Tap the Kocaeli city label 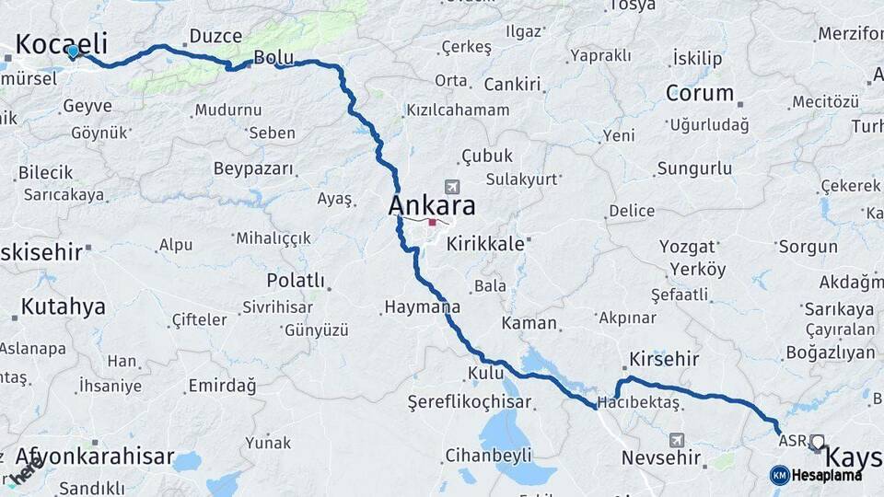click(x=62, y=43)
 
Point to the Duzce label click(x=215, y=37)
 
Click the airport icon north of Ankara click(x=450, y=186)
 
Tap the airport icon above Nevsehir click(x=678, y=440)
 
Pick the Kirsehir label click(x=664, y=359)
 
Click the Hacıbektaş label click(x=638, y=403)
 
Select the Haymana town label click(x=423, y=306)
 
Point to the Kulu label click(x=486, y=373)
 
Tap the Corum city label click(x=700, y=93)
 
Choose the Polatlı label click(x=296, y=280)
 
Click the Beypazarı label click(x=253, y=168)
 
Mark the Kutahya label click(x=63, y=307)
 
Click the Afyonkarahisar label click(x=95, y=457)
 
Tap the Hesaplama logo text click(x=827, y=475)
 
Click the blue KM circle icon click(x=780, y=475)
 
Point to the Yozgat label click(x=688, y=247)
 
